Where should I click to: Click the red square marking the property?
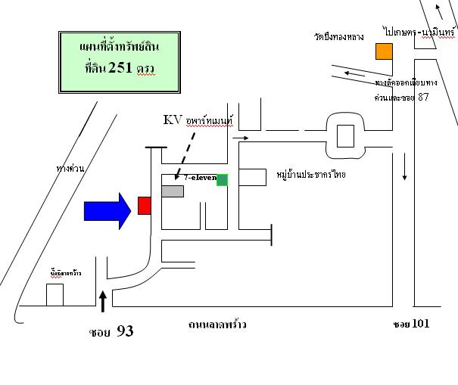[144, 206]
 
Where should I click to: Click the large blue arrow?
[108, 210]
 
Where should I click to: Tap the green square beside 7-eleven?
[222, 180]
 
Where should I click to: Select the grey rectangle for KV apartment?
[173, 191]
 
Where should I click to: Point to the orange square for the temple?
[385, 51]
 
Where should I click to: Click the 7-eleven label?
[200, 177]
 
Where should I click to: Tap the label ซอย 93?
[111, 331]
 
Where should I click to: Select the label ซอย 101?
[411, 324]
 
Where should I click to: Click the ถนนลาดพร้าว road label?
[217, 324]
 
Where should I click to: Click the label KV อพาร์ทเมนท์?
[198, 120]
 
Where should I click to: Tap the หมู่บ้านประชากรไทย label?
[311, 175]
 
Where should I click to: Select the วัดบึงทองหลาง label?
[340, 36]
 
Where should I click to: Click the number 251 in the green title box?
[120, 69]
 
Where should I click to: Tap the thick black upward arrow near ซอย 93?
[103, 301]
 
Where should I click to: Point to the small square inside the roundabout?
[345, 137]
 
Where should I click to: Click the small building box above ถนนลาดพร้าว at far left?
[55, 293]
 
